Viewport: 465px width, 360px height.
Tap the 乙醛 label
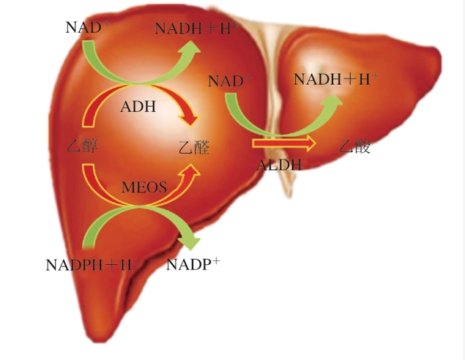point(194,147)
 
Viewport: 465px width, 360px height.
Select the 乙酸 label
point(355,146)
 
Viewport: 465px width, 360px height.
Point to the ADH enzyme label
point(138,107)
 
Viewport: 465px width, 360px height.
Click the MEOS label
point(144,187)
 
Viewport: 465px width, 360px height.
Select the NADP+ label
point(193,264)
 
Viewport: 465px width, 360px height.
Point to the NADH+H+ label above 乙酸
point(336,79)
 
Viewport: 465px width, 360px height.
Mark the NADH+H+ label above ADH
point(197,29)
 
